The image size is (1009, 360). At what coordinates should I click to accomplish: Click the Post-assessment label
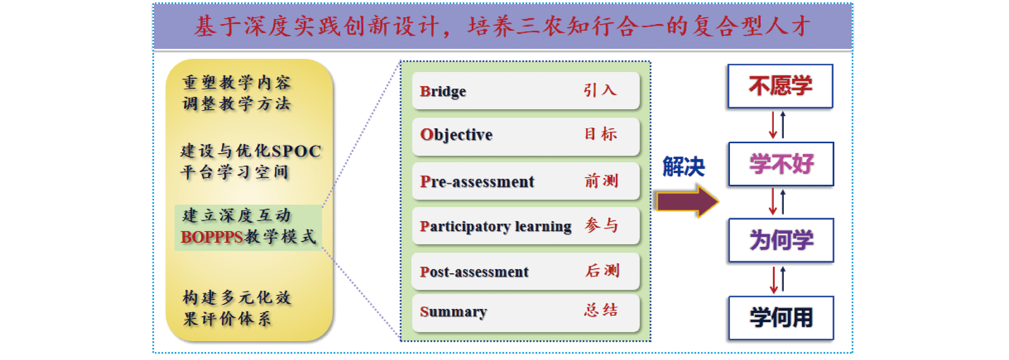coord(474,272)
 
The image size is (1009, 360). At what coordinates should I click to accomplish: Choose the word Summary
coord(453,312)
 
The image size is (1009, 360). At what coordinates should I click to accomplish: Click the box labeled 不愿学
coord(780,86)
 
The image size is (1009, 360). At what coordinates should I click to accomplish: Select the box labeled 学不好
coord(781,164)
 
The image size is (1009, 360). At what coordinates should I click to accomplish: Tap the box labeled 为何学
coord(781,240)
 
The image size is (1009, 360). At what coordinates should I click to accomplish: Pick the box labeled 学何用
coord(781,318)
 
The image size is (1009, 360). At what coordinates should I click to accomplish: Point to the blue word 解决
coord(683,166)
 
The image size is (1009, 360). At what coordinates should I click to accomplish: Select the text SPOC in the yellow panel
coord(297,151)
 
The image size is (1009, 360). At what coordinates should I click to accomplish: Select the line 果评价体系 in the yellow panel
coord(227,319)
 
